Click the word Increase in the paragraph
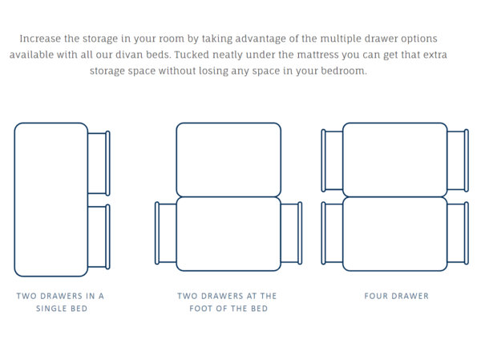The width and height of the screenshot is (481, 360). (x=40, y=38)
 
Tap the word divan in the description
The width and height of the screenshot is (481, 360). (x=129, y=55)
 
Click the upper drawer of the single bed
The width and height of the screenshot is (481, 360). (x=99, y=164)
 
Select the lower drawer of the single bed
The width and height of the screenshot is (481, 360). (x=99, y=237)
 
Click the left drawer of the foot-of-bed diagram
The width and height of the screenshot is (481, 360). (x=166, y=233)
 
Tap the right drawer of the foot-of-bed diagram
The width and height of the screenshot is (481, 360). (x=292, y=233)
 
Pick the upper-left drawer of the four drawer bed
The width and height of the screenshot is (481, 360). (x=332, y=160)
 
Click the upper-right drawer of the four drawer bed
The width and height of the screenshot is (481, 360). (x=458, y=160)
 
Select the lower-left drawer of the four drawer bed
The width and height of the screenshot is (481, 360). (x=332, y=233)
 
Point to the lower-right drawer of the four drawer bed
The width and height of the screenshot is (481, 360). (x=458, y=233)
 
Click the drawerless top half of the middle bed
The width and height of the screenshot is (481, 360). (x=228, y=160)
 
